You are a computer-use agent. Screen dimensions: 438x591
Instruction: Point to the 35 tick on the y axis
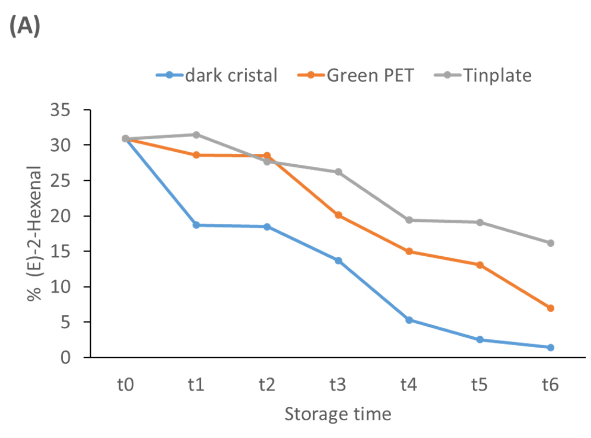coord(60,110)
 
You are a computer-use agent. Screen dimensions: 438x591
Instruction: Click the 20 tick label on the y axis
coord(60,216)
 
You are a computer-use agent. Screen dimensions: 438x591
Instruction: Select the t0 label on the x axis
coord(126,385)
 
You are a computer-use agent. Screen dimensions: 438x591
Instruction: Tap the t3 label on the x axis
coord(338,385)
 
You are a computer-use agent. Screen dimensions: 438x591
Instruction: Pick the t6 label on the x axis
coord(550,385)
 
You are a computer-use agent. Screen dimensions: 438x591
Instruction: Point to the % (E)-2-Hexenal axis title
coord(35,233)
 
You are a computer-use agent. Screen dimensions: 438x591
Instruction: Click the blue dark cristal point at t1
coord(196,225)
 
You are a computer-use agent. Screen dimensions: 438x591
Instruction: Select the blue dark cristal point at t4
coord(409,320)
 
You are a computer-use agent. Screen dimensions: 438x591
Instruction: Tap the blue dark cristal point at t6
coord(550,347)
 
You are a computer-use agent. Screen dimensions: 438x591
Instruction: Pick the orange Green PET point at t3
coord(338,215)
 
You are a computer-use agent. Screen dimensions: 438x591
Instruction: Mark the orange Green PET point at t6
coord(550,308)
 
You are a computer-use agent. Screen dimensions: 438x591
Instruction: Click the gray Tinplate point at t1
coord(196,135)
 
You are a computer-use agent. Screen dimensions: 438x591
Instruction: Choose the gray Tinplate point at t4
coord(409,220)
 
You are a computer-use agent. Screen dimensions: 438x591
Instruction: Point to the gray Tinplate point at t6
coord(550,243)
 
